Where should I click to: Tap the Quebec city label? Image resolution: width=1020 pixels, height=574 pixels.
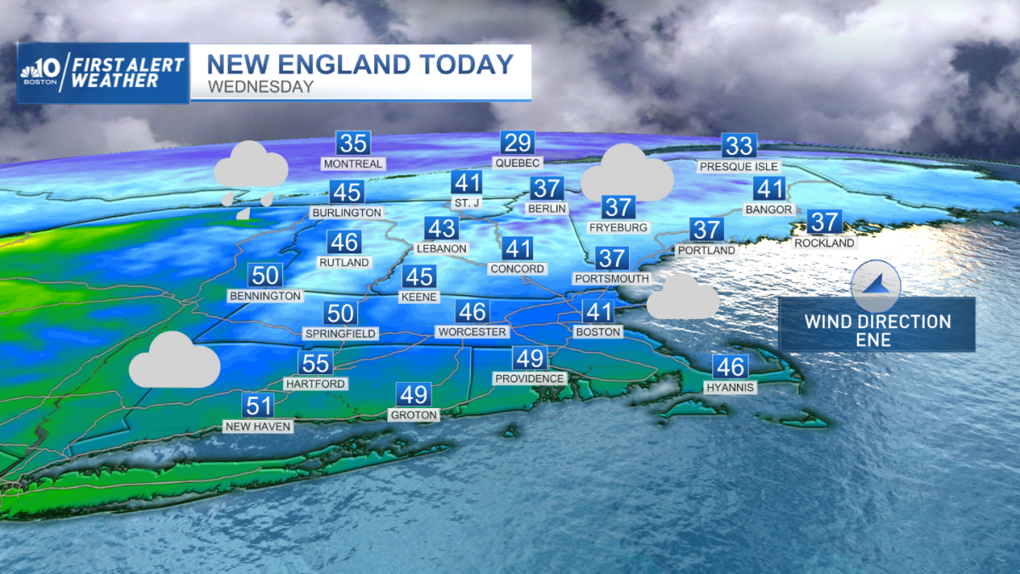point(518,162)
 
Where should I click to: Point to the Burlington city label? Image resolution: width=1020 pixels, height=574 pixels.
point(346,212)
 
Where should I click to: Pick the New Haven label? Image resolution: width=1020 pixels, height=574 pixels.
point(258,426)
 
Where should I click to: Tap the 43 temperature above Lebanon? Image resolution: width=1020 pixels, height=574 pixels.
point(441,229)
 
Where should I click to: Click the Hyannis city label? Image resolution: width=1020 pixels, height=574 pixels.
point(730,387)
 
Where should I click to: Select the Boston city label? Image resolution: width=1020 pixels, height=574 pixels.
point(598,332)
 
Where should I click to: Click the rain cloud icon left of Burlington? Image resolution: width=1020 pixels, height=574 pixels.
point(250,179)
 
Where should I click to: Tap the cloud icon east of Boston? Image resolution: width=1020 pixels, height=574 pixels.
point(683,297)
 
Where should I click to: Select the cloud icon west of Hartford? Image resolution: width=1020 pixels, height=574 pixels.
point(174,361)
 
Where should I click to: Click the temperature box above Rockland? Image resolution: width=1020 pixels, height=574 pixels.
point(824,223)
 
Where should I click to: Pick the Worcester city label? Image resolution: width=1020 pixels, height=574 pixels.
point(472,332)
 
